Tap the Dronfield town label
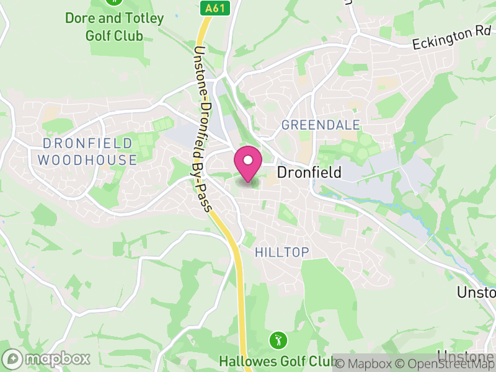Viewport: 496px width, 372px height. coord(309,172)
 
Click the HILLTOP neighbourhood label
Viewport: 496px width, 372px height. coord(282,252)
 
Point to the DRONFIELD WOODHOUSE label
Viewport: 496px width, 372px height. coord(87,152)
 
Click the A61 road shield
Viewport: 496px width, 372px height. coord(215,8)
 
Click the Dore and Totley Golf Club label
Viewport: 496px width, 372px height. coord(115,27)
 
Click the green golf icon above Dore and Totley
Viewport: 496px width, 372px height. coord(113,2)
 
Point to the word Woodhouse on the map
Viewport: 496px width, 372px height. coord(87,160)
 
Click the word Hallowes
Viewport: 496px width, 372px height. coord(245,361)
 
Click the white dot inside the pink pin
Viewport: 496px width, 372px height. coord(248,160)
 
